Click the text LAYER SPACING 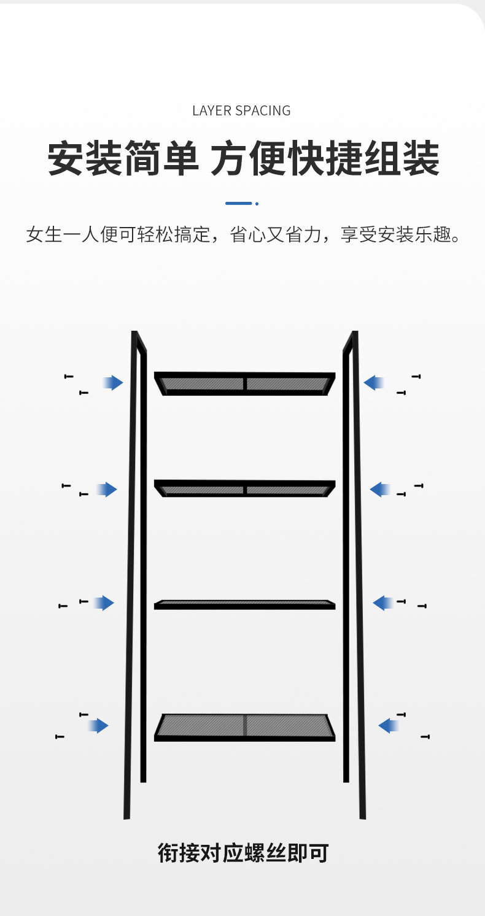(x=241, y=111)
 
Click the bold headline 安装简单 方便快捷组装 (x=243, y=159)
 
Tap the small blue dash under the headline (x=239, y=203)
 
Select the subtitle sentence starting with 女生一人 (x=243, y=234)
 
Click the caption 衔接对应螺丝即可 (x=243, y=853)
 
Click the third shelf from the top (x=244, y=604)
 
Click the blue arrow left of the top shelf (x=113, y=383)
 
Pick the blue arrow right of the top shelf (x=374, y=383)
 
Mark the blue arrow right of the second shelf (x=380, y=490)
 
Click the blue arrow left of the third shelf (x=104, y=603)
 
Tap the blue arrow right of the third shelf (x=383, y=603)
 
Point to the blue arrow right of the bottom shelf (x=389, y=726)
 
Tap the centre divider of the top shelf (x=245, y=384)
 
